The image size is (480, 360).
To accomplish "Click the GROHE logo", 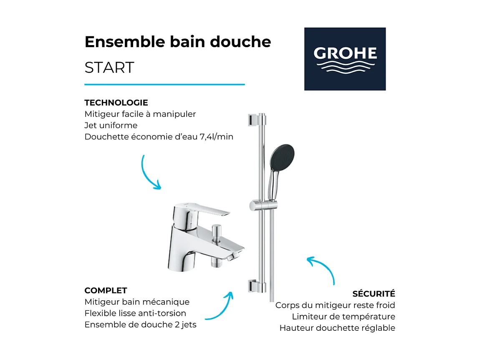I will (345, 59).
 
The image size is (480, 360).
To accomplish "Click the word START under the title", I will (109, 68).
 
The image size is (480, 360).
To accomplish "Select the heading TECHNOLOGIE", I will (116, 103).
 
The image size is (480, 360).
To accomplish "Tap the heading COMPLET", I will (106, 291).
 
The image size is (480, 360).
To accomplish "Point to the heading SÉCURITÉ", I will (374, 294).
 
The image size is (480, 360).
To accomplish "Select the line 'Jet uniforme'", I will (111, 125).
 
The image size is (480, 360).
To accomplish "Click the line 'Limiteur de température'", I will (343, 317).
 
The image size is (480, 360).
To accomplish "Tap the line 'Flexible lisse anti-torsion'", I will (135, 313).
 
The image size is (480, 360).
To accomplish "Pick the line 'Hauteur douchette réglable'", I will (337, 328).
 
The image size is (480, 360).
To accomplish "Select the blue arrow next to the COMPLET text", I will (220, 307).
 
